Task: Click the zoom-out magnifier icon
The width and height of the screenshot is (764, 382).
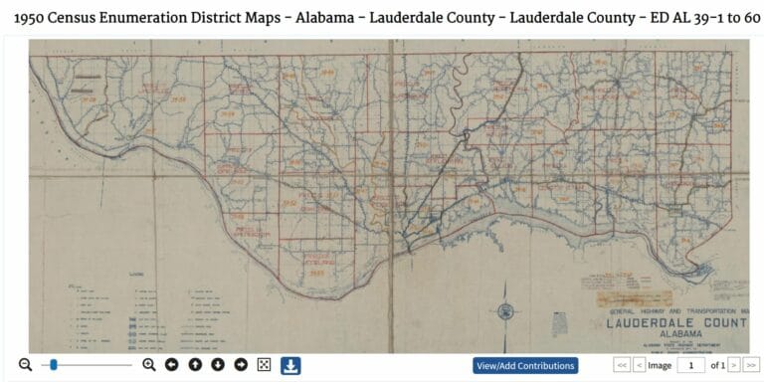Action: point(25,365)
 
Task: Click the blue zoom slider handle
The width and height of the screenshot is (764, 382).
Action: point(54,365)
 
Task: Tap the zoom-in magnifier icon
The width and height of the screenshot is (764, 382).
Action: point(149,365)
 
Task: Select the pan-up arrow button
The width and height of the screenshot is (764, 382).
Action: point(195,365)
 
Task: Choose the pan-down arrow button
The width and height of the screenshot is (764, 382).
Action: point(218,365)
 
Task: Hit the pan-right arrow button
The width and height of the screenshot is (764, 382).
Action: point(241,365)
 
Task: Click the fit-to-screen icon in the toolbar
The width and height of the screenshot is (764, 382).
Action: point(264,365)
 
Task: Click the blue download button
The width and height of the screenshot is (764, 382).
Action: point(290,365)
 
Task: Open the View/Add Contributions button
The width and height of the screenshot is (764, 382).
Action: point(525,365)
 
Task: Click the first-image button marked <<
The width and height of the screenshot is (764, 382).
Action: point(623,365)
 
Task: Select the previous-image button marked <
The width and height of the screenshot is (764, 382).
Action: point(639,365)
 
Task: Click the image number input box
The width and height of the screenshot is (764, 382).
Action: point(690,365)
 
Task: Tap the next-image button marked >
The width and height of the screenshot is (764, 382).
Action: point(734,365)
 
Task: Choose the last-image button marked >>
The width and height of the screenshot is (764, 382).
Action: point(752,365)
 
